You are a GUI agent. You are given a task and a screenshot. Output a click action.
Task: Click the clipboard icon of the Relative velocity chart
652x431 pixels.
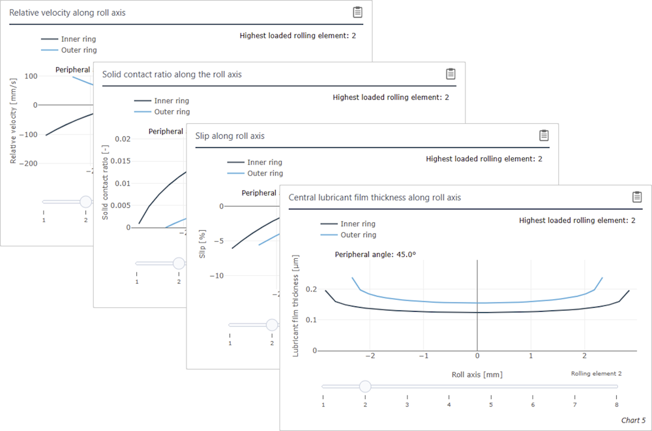357,12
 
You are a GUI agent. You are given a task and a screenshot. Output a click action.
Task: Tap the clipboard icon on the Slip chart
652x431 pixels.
544,135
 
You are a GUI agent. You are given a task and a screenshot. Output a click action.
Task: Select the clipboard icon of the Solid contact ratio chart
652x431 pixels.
451,74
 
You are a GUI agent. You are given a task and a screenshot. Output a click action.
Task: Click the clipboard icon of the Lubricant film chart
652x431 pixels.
637,197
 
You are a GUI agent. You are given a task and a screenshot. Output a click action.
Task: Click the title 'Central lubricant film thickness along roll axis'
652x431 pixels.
374,198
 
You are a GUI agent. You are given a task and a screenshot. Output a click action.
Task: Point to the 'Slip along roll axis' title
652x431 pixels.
230,136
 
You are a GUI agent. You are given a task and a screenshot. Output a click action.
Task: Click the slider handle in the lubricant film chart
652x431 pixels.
364,387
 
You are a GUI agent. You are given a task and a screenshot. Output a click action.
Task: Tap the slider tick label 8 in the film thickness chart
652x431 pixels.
616,405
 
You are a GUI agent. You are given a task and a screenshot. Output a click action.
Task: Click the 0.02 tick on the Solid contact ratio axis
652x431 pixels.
122,139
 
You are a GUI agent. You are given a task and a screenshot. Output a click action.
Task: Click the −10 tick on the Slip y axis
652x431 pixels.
215,275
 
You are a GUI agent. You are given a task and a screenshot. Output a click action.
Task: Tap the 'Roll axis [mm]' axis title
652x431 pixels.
477,375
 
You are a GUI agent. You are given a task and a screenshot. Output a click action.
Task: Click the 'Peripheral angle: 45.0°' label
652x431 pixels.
375,255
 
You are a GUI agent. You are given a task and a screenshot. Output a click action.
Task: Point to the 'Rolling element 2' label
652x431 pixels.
596,374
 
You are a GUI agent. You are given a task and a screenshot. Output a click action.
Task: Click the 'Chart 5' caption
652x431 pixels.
633,421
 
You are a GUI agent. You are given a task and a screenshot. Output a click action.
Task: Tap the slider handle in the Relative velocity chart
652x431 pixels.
85,202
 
